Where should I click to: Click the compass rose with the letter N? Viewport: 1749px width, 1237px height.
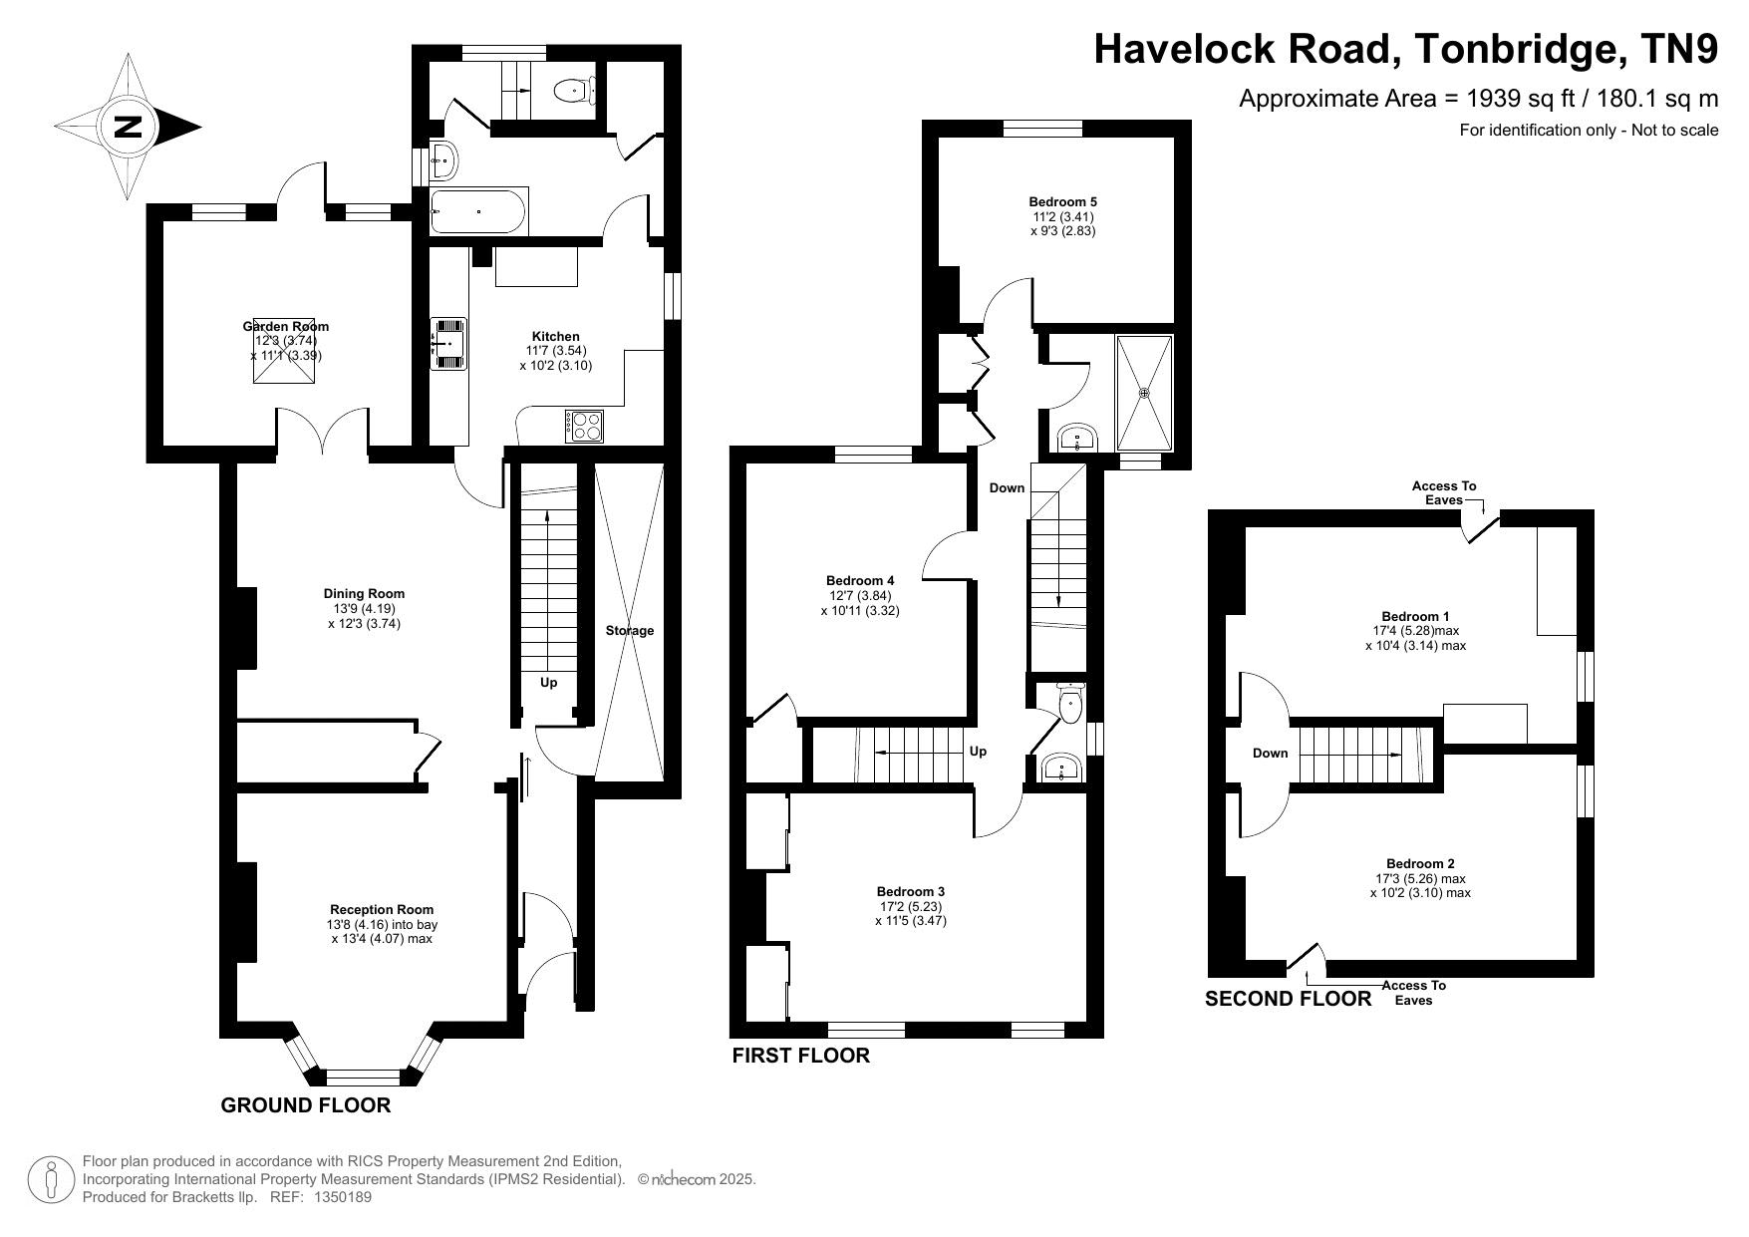click(x=128, y=127)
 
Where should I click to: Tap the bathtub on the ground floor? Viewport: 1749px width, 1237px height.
click(x=479, y=211)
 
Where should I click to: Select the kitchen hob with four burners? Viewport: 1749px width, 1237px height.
click(x=584, y=426)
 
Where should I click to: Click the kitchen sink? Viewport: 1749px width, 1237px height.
click(x=448, y=344)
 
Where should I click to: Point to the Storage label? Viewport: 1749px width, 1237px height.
click(x=630, y=630)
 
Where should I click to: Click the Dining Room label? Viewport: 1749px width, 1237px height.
click(x=364, y=593)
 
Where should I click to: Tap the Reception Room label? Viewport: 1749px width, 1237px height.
click(x=382, y=909)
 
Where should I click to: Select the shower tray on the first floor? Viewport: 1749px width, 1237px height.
click(x=1144, y=393)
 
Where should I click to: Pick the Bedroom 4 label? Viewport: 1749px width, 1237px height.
click(x=860, y=580)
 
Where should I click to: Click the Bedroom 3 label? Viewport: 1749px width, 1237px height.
click(x=911, y=891)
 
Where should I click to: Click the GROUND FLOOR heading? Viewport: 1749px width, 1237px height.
click(x=306, y=1104)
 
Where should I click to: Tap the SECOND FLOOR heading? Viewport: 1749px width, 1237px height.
click(x=1289, y=999)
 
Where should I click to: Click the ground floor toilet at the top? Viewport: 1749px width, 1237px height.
click(x=573, y=90)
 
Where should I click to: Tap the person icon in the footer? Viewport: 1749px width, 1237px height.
click(x=50, y=1179)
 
